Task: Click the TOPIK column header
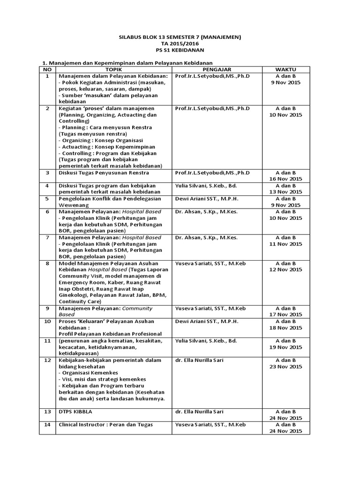(114, 69)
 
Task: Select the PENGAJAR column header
(219, 69)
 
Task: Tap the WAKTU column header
(285, 69)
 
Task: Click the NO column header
(47, 69)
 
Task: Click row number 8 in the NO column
(47, 263)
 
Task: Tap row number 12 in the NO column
(47, 360)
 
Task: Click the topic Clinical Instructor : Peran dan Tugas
(106, 425)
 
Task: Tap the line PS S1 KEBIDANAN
(180, 50)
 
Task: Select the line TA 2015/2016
(180, 44)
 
